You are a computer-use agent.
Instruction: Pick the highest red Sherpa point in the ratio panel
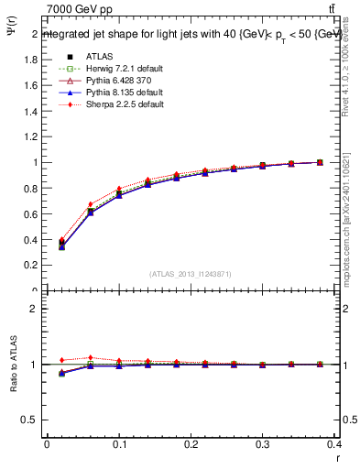(91, 358)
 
